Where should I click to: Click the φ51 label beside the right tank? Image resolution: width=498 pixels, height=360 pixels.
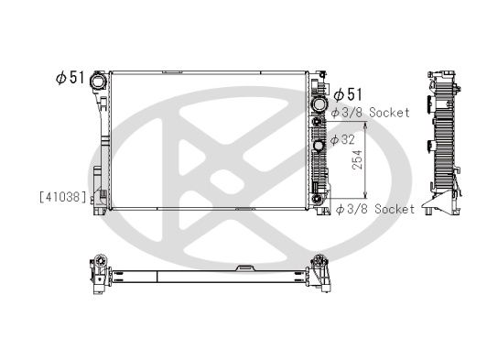(347, 94)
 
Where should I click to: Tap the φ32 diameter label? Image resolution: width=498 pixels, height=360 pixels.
(342, 140)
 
